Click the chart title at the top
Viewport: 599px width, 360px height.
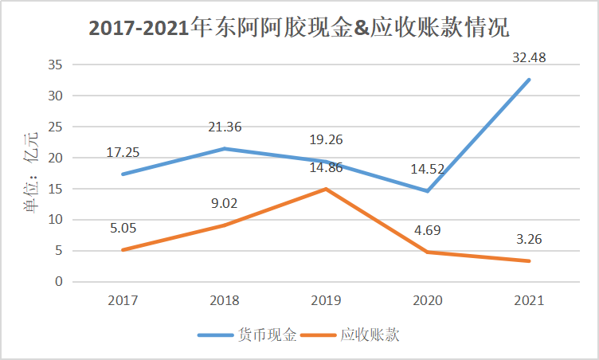[299, 28]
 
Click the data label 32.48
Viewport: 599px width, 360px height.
[528, 58]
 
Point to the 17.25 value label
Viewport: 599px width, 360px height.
[122, 152]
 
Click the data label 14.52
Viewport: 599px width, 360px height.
[426, 168]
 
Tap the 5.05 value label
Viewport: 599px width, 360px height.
[122, 229]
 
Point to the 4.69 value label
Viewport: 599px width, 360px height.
[426, 231]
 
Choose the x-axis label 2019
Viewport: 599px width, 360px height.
[325, 301]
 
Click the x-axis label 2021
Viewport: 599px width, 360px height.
[528, 301]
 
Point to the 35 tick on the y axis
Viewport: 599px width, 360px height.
[55, 65]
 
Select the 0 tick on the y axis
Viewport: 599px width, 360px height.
[58, 282]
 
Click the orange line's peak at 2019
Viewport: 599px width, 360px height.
[325, 189]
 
